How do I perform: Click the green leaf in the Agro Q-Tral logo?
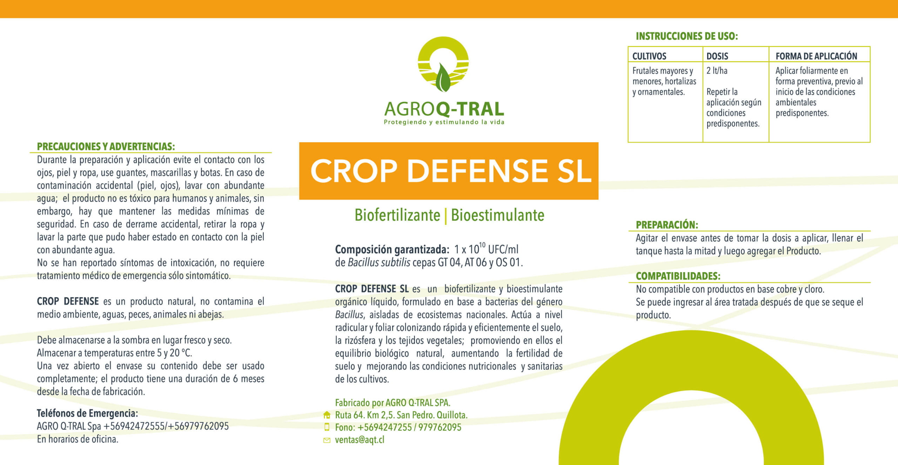pyautogui.click(x=443, y=77)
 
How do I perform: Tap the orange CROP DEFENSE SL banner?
pyautogui.click(x=449, y=171)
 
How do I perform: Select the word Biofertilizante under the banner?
pyautogui.click(x=397, y=215)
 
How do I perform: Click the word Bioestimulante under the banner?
pyautogui.click(x=497, y=215)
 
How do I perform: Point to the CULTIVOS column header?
pyautogui.click(x=649, y=56)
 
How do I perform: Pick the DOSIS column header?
pyautogui.click(x=717, y=56)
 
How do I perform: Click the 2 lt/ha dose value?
pyautogui.click(x=717, y=71)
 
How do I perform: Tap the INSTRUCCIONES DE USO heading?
pyautogui.click(x=687, y=36)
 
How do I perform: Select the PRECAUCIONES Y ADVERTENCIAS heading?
pyautogui.click(x=106, y=146)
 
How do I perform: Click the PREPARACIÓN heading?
pyautogui.click(x=667, y=225)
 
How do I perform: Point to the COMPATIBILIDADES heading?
pyautogui.click(x=678, y=276)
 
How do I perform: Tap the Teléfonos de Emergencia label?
pyautogui.click(x=87, y=413)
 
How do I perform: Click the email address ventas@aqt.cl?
pyautogui.click(x=360, y=440)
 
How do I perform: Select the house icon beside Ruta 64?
pyautogui.click(x=327, y=415)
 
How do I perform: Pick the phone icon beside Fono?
pyautogui.click(x=327, y=427)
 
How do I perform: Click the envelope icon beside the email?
pyautogui.click(x=327, y=440)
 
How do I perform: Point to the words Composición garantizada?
pyautogui.click(x=392, y=249)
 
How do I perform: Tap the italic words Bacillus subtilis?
pyautogui.click(x=379, y=262)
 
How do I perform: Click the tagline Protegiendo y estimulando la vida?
pyautogui.click(x=444, y=122)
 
